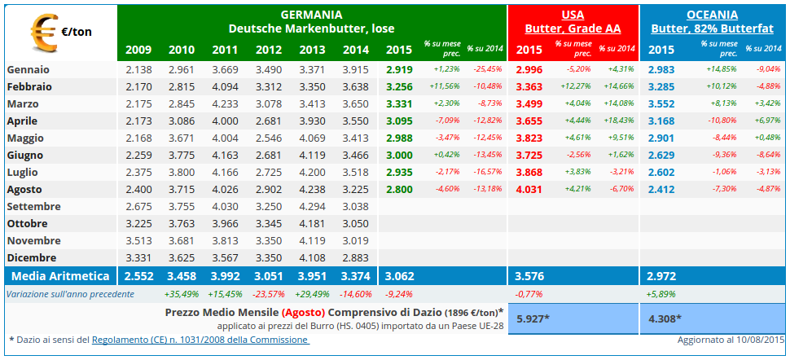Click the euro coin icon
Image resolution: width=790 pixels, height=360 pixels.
tap(43, 33)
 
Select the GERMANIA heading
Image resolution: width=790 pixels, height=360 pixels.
tap(311, 15)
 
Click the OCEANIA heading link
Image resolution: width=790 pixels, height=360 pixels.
tap(711, 15)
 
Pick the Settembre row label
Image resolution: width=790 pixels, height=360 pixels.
tap(33, 206)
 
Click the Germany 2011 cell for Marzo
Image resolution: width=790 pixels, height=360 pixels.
tap(226, 103)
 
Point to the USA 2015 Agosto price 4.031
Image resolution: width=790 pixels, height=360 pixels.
tap(529, 190)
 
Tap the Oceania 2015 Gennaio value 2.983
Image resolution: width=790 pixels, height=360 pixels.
tap(661, 69)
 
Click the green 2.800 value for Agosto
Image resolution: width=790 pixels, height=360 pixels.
tap(399, 189)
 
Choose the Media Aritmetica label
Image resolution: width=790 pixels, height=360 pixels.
tap(60, 275)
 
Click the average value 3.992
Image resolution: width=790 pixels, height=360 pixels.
tap(226, 275)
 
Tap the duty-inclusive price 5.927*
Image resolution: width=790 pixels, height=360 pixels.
tap(533, 318)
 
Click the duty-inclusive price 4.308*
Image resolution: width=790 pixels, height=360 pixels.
tap(665, 318)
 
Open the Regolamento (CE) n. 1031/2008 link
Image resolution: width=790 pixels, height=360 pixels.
tap(200, 339)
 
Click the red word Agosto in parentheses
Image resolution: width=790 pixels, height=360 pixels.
tap(305, 312)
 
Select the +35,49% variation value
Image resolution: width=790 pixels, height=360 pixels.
tap(182, 293)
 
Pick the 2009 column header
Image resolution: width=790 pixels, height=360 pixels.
tap(138, 50)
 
